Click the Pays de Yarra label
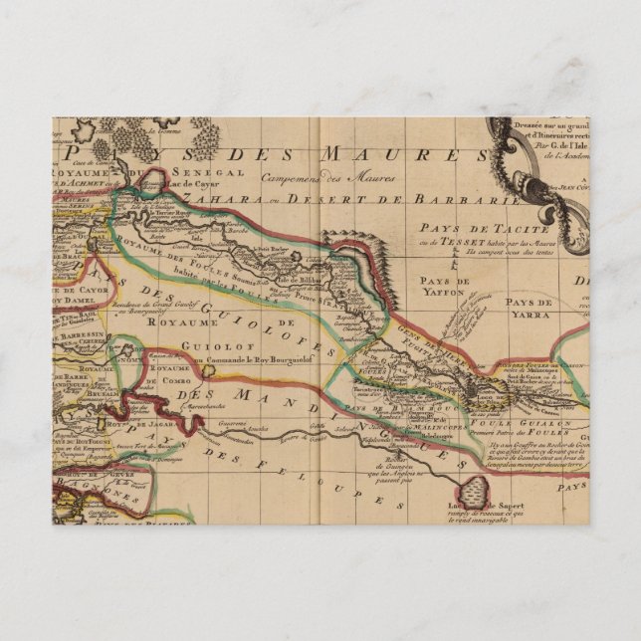pos(528,307)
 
